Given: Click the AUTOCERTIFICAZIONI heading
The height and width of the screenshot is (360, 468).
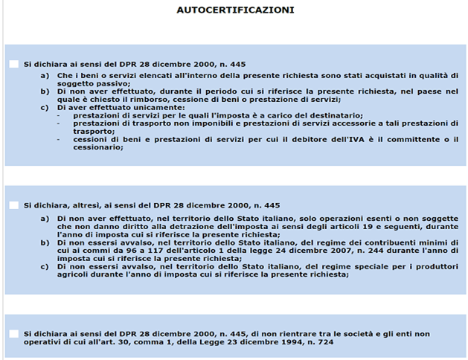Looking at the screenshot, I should point(235,10).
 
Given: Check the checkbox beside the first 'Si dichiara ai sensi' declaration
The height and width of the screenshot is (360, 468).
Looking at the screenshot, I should point(14,65).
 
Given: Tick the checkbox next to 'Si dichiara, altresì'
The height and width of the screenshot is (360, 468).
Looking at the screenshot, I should point(14,205).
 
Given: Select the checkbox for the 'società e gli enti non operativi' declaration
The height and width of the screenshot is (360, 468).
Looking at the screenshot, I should point(14,333).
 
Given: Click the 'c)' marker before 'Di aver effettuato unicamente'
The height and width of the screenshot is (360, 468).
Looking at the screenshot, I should point(45,108).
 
